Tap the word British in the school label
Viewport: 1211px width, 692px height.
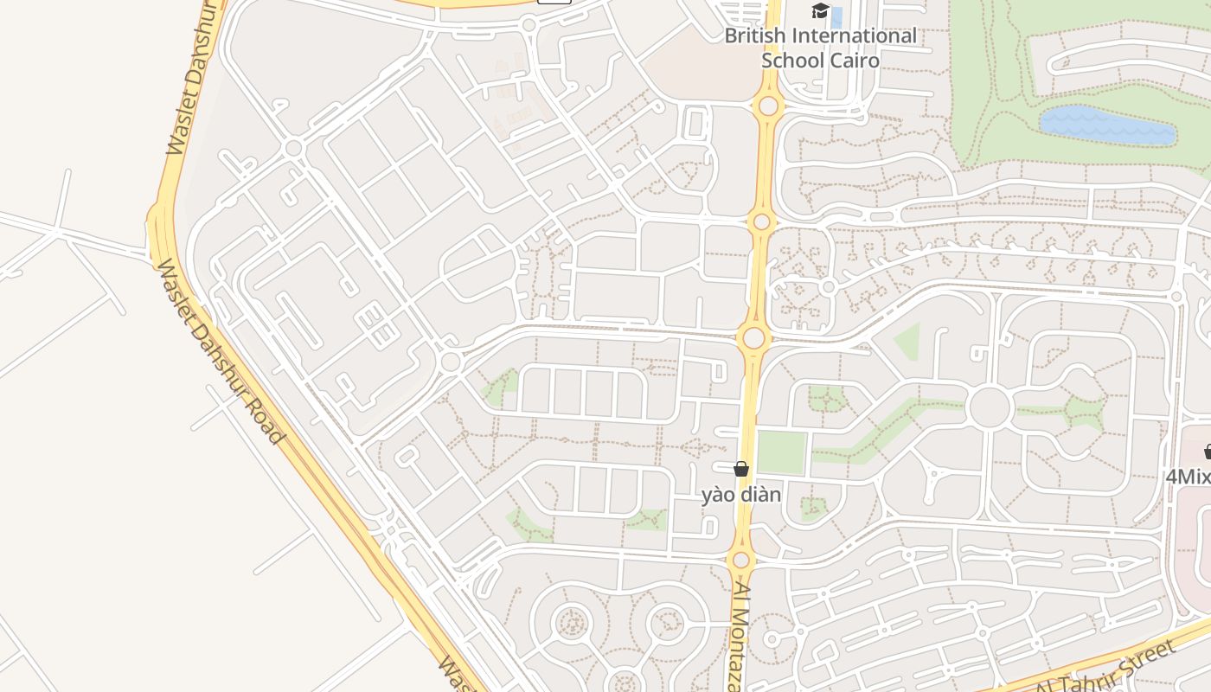click(x=755, y=36)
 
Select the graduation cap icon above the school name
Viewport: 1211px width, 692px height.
click(x=819, y=11)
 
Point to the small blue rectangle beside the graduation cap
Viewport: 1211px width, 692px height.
click(x=836, y=16)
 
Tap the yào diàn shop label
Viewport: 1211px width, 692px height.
click(x=741, y=495)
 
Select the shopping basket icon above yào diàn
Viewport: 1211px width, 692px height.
click(x=741, y=470)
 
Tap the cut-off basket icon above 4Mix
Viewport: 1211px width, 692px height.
click(x=1208, y=452)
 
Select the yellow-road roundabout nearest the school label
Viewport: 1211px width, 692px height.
click(x=767, y=107)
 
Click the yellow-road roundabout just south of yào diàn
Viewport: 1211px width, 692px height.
click(x=740, y=560)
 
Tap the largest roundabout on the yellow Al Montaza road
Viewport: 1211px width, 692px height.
click(x=753, y=338)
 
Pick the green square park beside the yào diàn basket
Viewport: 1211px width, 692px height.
click(x=781, y=452)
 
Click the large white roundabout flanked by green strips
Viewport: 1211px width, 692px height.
click(x=990, y=407)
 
